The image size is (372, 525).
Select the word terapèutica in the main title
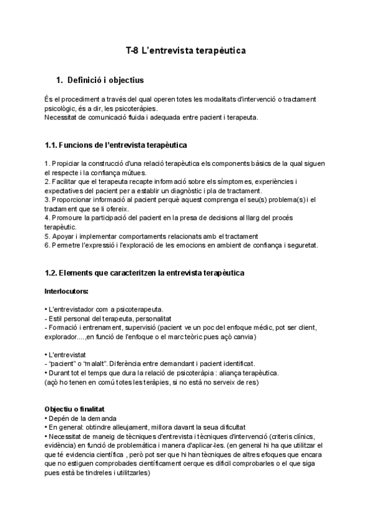pyautogui.click(x=221, y=51)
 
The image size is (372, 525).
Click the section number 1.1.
pyautogui.click(x=51, y=145)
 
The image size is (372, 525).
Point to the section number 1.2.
pyautogui.click(x=51, y=273)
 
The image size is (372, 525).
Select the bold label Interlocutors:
pyautogui.click(x=66, y=290)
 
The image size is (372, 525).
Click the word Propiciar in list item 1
pyautogui.click(x=68, y=163)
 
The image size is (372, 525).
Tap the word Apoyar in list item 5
pyautogui.click(x=63, y=236)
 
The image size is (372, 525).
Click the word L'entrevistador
pyautogui.click(x=71, y=309)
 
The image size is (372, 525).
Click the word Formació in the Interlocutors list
pyautogui.click(x=63, y=328)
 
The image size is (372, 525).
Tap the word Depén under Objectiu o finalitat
pyautogui.click(x=60, y=418)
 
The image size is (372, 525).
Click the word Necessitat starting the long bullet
pyautogui.click(x=65, y=436)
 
